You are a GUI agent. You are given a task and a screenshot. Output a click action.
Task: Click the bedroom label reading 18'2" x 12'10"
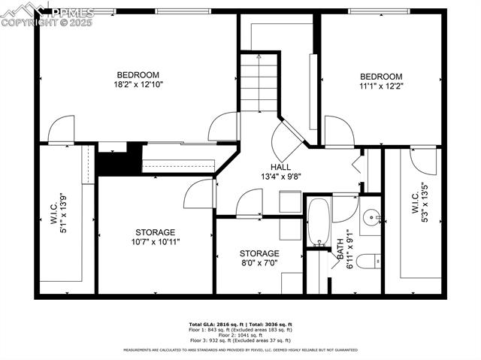click(138, 84)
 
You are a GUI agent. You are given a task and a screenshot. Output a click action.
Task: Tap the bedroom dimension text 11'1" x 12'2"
click(380, 86)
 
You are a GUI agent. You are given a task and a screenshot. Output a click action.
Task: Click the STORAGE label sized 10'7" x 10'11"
click(155, 241)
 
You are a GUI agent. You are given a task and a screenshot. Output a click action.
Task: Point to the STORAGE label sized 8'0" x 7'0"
click(259, 263)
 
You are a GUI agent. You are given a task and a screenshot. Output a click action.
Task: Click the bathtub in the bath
click(318, 222)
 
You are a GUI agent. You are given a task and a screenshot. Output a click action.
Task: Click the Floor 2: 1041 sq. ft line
click(240, 334)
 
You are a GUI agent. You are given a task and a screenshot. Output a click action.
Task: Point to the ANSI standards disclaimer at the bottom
click(240, 350)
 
